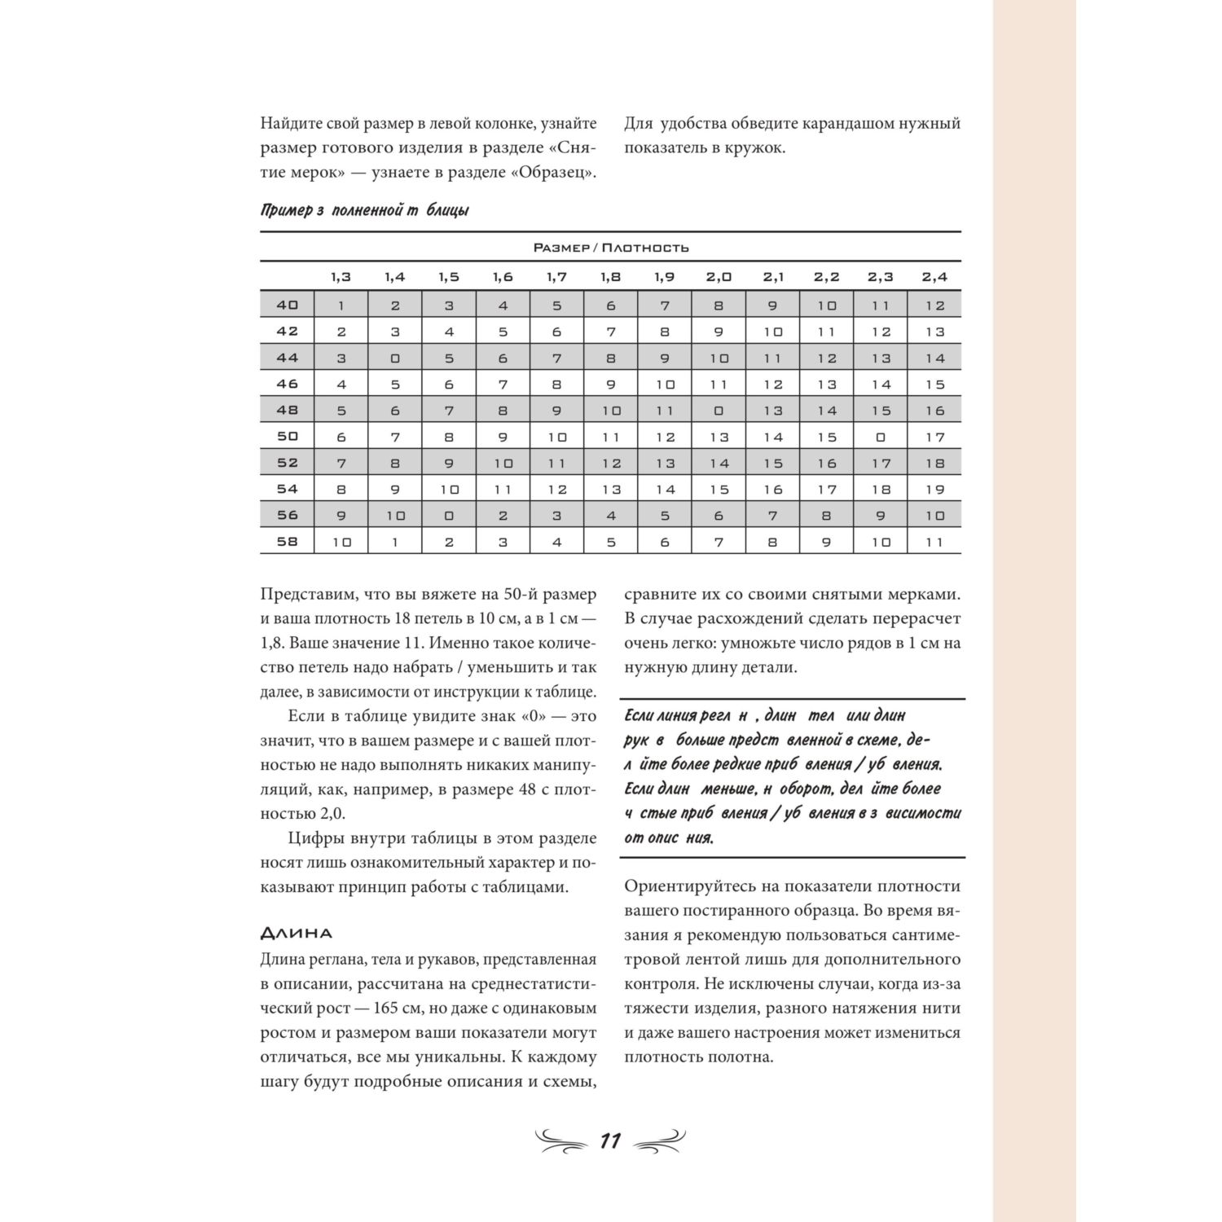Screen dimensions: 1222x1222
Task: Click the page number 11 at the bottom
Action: coord(610,1141)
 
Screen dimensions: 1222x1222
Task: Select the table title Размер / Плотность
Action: coord(610,248)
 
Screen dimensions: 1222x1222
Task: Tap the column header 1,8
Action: coord(610,277)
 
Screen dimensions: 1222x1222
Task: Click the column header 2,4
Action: coord(934,277)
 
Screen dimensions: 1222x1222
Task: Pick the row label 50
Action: coord(288,437)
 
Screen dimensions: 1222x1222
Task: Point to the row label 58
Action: coord(288,541)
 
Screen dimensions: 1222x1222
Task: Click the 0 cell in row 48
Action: coord(718,411)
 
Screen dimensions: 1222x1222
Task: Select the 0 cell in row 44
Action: coord(395,358)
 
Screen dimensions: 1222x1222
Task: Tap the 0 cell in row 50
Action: coord(880,437)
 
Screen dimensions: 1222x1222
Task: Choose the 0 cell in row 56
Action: coord(449,515)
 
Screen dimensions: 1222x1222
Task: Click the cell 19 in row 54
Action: coord(934,490)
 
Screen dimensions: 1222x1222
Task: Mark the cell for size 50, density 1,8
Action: coord(611,437)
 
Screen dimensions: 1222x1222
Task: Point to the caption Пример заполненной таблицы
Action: coord(364,211)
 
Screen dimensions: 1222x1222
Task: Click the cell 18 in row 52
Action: coord(934,464)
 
